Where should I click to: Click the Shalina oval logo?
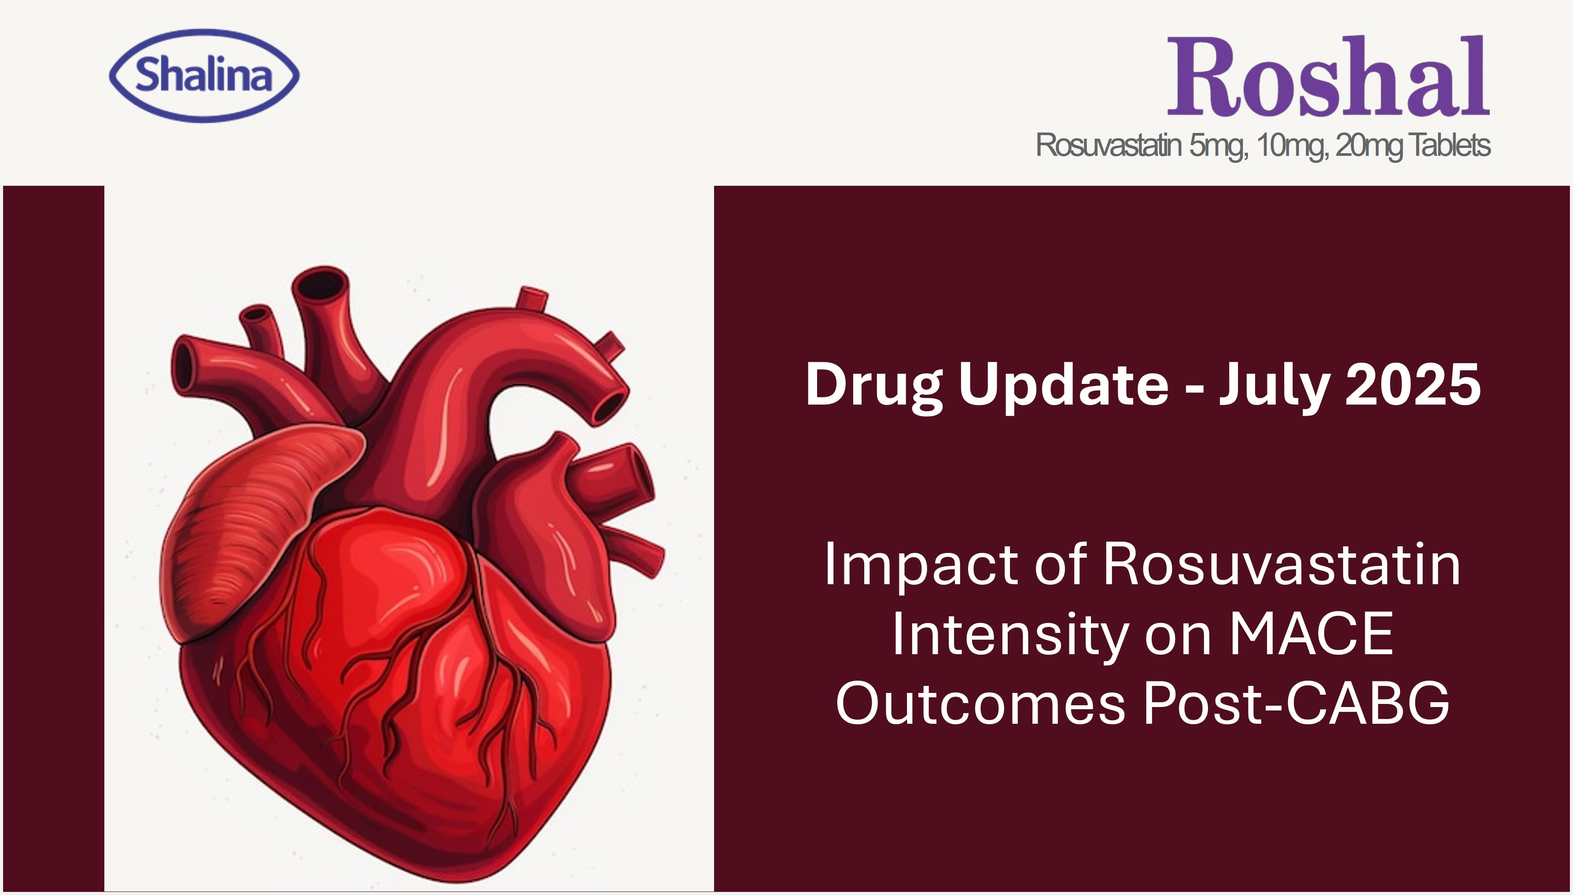point(204,76)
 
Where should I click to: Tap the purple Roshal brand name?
point(1328,76)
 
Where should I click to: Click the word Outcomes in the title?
point(980,703)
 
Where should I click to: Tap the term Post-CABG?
point(1297,703)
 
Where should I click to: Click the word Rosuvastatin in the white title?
point(1282,564)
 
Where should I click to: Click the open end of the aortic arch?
point(610,406)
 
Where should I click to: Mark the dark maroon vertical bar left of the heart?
point(53,538)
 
